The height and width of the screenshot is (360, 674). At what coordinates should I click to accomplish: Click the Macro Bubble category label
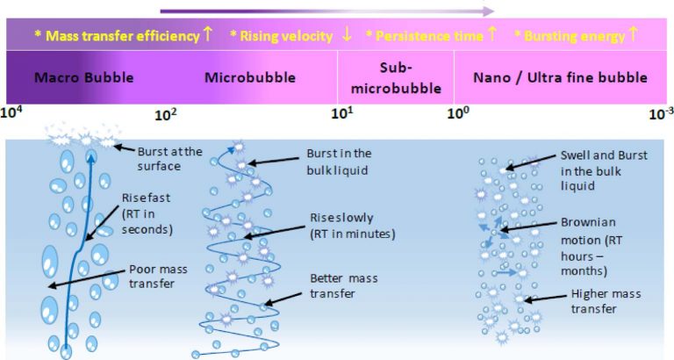tap(83, 77)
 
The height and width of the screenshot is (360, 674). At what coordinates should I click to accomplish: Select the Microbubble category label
tap(241, 77)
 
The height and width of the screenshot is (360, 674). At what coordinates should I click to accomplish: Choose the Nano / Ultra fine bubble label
tap(560, 77)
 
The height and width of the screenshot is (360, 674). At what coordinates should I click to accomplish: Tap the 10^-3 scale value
tap(659, 113)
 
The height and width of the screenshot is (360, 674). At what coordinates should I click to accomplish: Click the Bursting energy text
tap(574, 36)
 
